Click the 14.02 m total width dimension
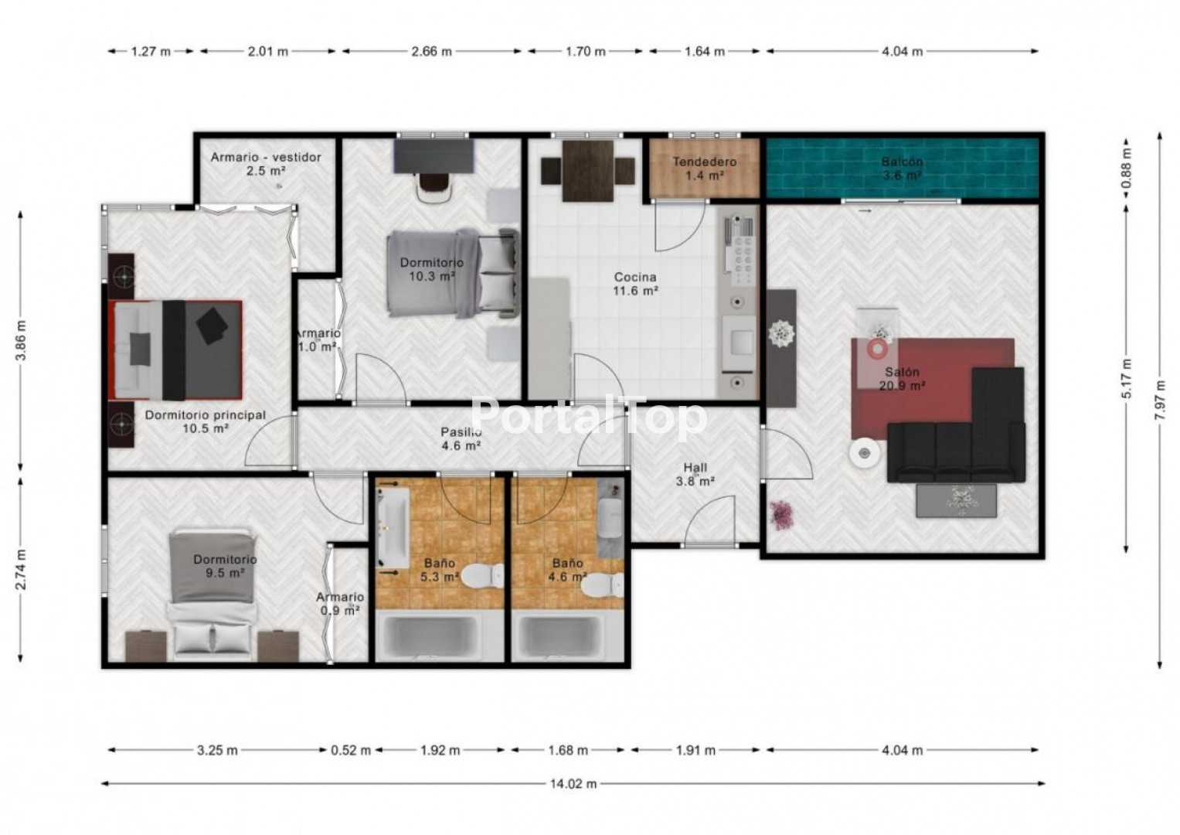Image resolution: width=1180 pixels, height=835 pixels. tap(573, 784)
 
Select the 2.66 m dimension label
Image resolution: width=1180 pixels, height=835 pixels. tap(431, 51)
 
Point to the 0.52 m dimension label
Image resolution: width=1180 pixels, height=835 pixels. tap(351, 750)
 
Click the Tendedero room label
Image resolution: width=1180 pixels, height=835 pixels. tap(704, 162)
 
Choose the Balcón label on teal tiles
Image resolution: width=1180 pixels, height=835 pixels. tap(902, 162)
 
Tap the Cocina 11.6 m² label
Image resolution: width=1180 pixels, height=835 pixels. tap(635, 284)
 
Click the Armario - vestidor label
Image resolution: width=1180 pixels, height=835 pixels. tap(266, 157)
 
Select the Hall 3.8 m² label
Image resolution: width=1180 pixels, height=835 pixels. tap(695, 474)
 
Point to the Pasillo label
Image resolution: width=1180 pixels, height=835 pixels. tap(461, 431)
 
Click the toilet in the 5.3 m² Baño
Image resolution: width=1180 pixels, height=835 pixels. tap(482, 575)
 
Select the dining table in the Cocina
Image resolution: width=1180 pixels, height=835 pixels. tap(588, 171)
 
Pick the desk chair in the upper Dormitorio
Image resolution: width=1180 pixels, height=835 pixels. tap(434, 188)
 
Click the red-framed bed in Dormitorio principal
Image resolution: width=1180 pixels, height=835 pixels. tap(175, 350)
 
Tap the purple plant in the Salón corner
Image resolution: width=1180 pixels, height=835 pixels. tap(782, 515)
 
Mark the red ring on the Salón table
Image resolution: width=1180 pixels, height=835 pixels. tap(877, 349)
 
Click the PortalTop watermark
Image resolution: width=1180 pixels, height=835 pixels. tap(588, 417)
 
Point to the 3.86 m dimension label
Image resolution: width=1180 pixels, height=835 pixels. tap(21, 340)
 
